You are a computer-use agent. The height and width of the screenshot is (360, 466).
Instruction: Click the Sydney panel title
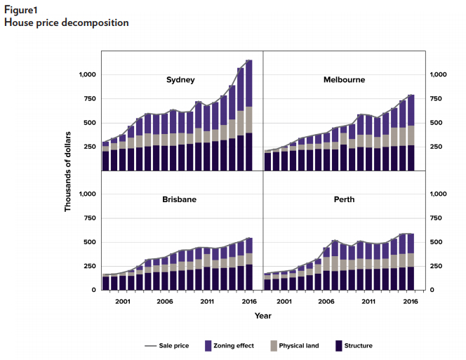point(180,80)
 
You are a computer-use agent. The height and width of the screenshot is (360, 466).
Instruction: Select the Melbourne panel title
point(344,80)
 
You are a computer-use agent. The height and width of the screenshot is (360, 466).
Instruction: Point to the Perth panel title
point(345,199)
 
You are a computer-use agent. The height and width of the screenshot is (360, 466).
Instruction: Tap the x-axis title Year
point(262,316)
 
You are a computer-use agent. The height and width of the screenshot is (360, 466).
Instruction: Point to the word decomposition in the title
point(93,22)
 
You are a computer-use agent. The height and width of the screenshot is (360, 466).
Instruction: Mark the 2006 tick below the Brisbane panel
point(165,301)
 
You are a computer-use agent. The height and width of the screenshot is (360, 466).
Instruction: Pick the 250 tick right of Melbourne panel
point(437,147)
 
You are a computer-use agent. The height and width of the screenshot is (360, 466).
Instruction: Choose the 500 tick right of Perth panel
point(437,242)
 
